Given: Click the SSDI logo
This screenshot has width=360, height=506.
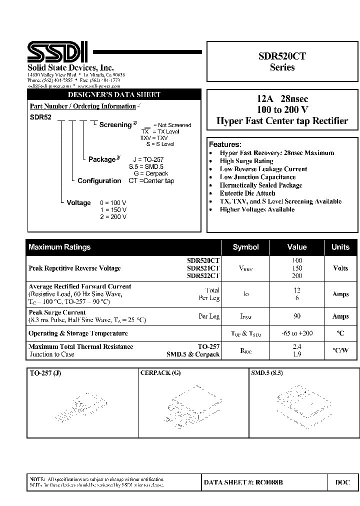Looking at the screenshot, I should [x=57, y=52].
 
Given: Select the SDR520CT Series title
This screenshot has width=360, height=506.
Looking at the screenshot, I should [x=282, y=62].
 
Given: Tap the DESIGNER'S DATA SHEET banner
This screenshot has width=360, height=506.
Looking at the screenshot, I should [x=114, y=95].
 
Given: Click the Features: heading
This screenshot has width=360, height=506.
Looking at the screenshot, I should [x=225, y=144].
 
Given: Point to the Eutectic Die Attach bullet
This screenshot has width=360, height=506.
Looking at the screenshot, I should [x=247, y=193].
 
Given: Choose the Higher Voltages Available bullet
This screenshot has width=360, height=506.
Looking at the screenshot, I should [x=257, y=209].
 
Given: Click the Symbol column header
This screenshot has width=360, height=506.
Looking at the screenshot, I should [x=245, y=247].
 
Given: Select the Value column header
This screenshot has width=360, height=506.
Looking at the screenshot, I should [x=297, y=247].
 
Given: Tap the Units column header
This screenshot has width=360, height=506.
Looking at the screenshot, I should [x=340, y=247].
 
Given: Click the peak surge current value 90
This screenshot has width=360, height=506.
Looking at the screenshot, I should [x=297, y=316].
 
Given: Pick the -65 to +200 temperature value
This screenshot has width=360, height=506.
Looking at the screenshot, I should [x=297, y=333].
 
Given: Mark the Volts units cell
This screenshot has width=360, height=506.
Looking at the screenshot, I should [x=340, y=268].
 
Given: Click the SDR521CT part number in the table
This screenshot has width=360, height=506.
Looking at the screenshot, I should [x=203, y=268].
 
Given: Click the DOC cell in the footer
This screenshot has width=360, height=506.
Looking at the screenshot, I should [x=342, y=482].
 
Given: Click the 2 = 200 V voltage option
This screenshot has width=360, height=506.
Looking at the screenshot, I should [x=113, y=217].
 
